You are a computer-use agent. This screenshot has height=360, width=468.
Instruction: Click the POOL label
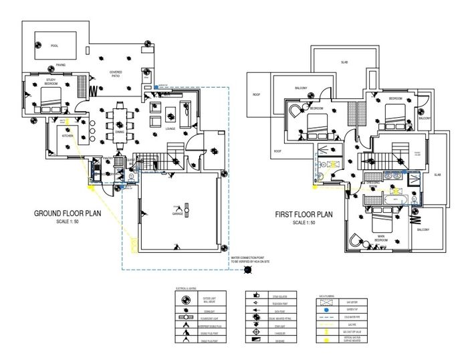coord(54,46)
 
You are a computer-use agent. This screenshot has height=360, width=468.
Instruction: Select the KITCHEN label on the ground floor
coord(67,136)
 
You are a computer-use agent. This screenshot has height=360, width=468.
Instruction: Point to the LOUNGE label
coord(170,128)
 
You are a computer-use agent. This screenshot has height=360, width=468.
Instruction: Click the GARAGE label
coord(178,215)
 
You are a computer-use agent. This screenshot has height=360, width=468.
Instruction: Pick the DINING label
coord(120,132)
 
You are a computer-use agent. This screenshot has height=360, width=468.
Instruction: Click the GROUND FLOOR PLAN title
coord(67,215)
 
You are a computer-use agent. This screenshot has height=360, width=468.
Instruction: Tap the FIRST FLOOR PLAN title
coord(304,215)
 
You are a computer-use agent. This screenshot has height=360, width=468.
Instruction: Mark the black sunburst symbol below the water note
coord(248,270)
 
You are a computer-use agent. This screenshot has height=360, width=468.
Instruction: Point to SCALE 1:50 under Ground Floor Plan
coord(67,222)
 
